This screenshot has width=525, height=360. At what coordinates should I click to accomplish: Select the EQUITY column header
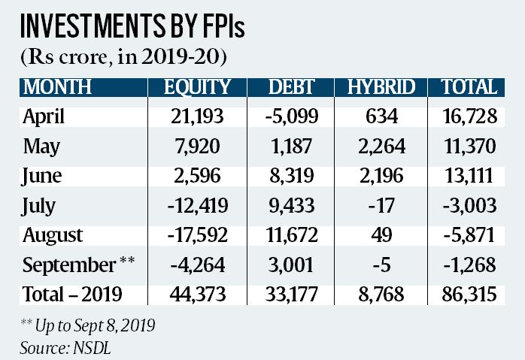click(197, 87)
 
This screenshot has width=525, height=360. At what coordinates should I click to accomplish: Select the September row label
click(67, 264)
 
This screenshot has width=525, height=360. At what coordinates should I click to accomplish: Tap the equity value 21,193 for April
click(196, 116)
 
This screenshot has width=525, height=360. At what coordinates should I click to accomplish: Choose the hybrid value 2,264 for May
click(382, 146)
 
